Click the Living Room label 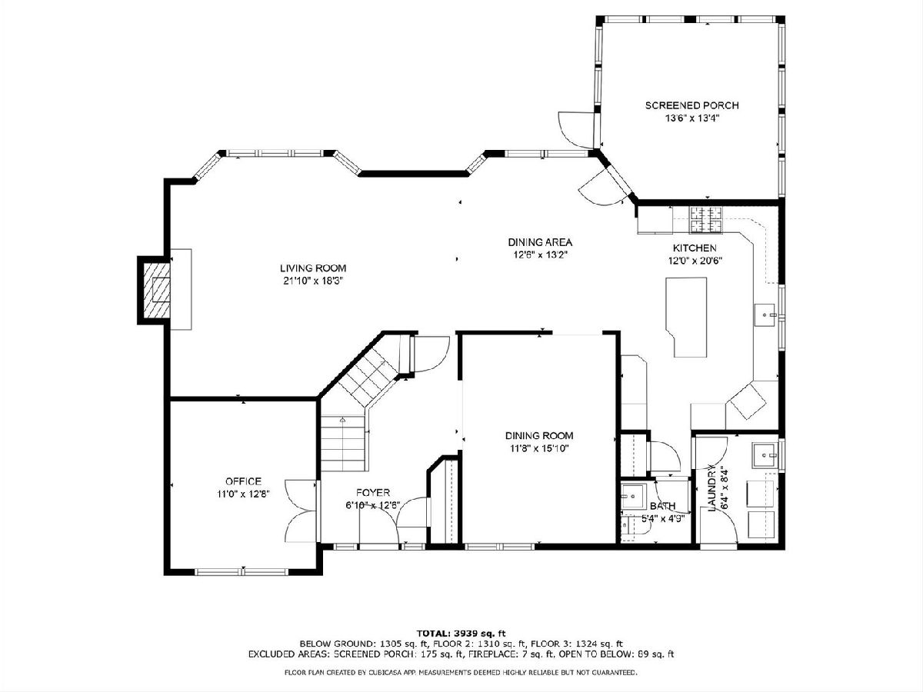313,268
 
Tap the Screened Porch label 692,105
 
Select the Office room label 244,481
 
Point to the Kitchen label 695,248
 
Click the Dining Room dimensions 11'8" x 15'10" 539,448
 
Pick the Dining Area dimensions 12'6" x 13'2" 541,255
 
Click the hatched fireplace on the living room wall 157,291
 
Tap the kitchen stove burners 705,220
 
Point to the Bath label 663,506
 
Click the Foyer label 373,492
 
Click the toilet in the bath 632,526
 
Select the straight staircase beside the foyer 343,444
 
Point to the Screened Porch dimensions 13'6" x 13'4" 692,118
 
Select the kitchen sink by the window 765,314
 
